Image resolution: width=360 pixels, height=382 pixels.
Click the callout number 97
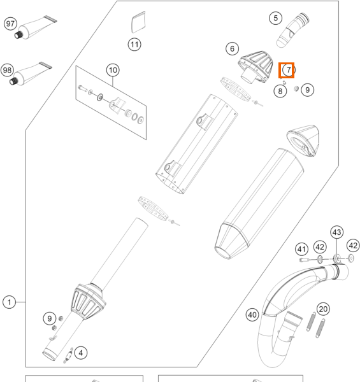pos(10,24)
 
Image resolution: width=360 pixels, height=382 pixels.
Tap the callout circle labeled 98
pos(7,70)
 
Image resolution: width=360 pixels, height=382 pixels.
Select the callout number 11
pos(134,45)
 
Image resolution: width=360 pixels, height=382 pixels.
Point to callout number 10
pos(113,70)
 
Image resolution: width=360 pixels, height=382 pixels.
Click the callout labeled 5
pos(276,18)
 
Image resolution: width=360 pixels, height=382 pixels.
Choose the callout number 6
pos(233,49)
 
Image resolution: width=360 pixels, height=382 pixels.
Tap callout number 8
pos(280,91)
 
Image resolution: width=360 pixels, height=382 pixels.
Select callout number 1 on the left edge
pos(10,302)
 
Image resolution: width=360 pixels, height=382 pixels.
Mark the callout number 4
pos(81,353)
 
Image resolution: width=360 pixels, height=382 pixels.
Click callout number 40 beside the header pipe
pos(252,315)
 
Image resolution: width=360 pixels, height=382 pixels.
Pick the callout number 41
pos(301,249)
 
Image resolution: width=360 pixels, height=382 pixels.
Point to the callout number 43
pos(337,232)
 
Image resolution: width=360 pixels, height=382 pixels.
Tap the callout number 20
pos(323,309)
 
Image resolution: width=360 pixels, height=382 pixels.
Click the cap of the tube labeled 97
pos(18,35)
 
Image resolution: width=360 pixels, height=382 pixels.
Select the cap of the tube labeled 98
pos(13,81)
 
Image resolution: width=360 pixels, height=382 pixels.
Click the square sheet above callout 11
pos(138,22)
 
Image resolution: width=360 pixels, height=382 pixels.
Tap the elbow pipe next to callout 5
pos(292,30)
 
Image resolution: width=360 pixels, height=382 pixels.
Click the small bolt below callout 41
pos(303,260)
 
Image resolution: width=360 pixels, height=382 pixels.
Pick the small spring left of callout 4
pos(68,356)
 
